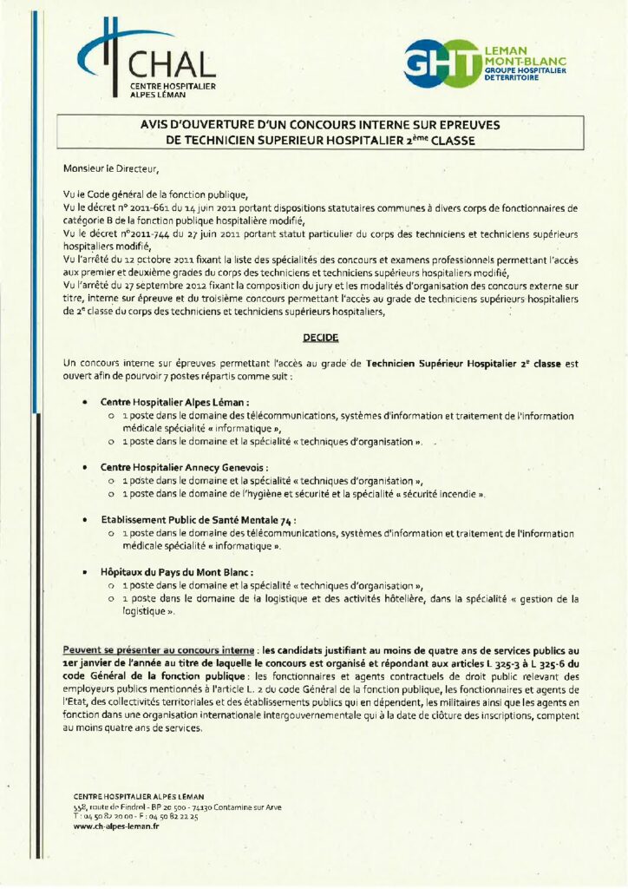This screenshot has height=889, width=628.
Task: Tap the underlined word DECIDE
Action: [314, 335]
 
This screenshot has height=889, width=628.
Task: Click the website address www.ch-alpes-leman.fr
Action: [116, 826]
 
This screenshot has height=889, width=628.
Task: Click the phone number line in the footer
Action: [136, 817]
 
